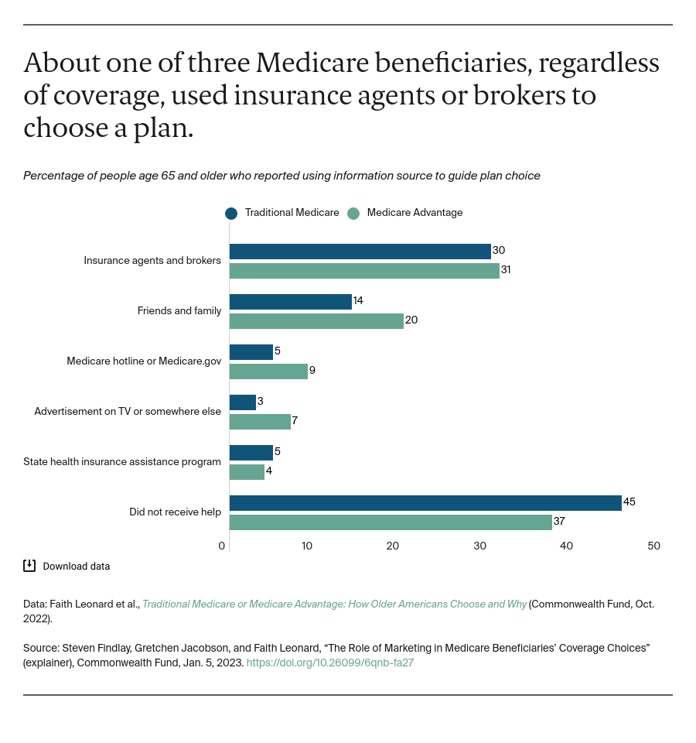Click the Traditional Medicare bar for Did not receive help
coord(425,503)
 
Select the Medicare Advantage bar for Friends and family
coord(316,321)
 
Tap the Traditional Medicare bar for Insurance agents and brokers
coord(360,252)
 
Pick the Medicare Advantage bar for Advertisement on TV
coord(260,422)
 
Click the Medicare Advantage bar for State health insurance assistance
coord(247,472)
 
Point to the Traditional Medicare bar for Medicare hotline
coord(251,352)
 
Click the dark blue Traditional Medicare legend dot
coord(231,214)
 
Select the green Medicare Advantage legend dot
coord(353,214)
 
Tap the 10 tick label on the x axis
coord(307,546)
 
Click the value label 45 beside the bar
coord(629,502)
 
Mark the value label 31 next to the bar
coord(507,270)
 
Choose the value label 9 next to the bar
coord(312,371)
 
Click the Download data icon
coord(29,566)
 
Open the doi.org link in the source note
coord(330,663)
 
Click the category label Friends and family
coord(179,311)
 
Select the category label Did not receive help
coord(175,512)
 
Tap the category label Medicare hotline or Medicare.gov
coord(144,361)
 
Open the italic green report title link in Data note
coord(334,604)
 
